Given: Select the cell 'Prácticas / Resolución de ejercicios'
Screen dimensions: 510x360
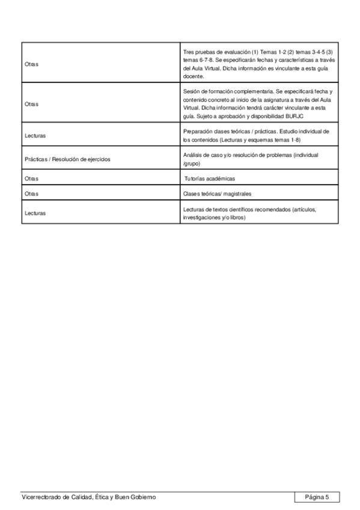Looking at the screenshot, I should point(67,159).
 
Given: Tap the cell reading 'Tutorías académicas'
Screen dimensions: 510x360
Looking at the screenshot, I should point(210,179).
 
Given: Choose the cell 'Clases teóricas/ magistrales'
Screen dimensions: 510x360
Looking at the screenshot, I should point(217,194).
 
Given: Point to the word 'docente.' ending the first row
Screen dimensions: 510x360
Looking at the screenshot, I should point(194,76).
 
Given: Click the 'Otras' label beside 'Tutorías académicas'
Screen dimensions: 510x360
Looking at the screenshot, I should point(31,179).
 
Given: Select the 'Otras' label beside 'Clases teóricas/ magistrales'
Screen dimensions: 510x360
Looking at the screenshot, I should point(31,194).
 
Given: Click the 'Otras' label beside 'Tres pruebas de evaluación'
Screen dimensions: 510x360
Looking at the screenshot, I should point(31,64).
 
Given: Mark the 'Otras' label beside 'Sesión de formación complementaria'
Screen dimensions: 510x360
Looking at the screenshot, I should point(31,103).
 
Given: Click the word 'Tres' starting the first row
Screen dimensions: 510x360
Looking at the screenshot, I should point(188,52).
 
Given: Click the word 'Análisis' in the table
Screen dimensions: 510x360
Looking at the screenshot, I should point(194,155).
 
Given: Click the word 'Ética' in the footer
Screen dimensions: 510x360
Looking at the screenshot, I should point(97,497).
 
